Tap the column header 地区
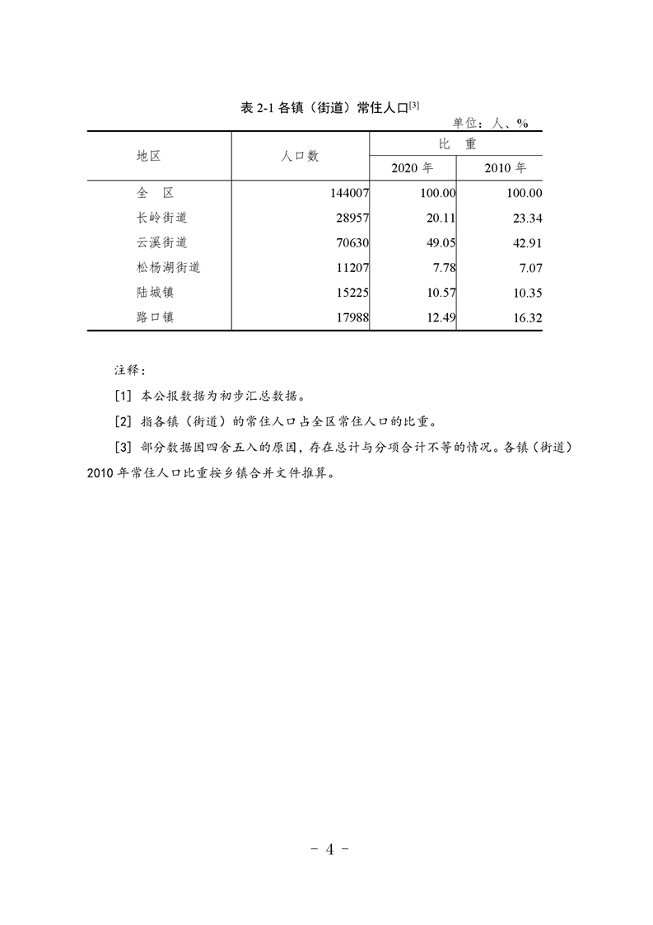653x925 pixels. [x=149, y=155]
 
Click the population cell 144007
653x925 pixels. [x=347, y=193]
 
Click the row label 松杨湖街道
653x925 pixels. [x=168, y=267]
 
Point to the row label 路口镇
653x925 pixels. [x=155, y=317]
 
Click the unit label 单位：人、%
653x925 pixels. [x=491, y=123]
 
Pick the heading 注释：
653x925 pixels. [x=129, y=370]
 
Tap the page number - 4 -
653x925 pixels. [x=329, y=850]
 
